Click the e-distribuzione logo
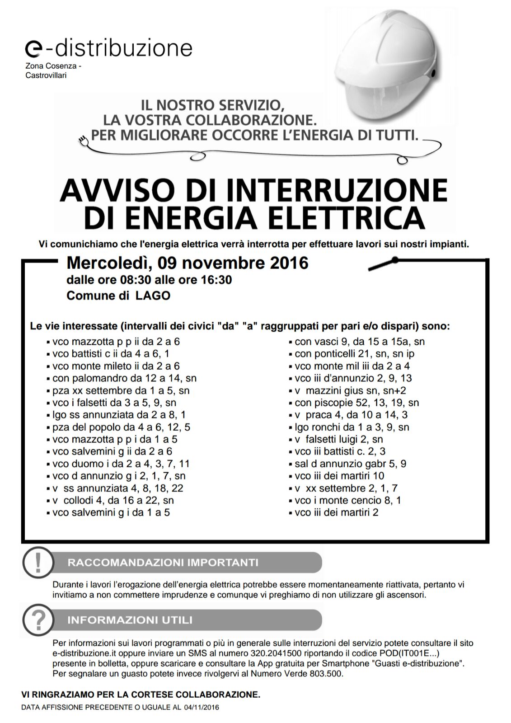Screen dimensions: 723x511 click(x=109, y=48)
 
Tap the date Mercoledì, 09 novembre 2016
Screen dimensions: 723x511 click(x=187, y=263)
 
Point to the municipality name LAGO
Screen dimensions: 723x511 click(x=153, y=296)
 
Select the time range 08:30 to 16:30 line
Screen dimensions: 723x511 click(x=149, y=280)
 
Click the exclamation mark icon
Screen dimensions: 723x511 click(x=38, y=563)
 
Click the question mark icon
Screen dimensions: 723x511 click(x=38, y=620)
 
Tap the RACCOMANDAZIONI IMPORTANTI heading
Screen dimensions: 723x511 click(x=163, y=563)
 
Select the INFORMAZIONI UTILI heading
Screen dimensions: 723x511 click(x=130, y=620)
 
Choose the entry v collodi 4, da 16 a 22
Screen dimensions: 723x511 click(x=113, y=500)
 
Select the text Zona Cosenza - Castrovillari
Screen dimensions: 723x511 click(x=53, y=70)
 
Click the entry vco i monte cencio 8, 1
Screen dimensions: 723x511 click(x=347, y=500)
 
